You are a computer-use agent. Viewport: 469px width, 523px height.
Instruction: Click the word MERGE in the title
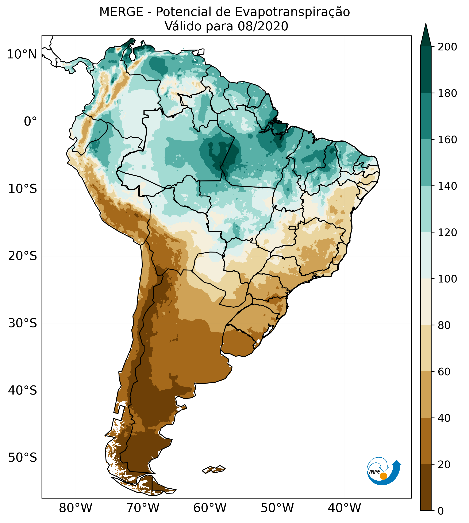click(121, 12)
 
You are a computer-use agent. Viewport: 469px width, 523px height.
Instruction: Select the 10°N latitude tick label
click(22, 55)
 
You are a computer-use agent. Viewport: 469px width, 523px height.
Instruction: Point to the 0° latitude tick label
click(30, 122)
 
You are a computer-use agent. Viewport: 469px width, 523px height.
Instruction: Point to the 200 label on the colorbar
click(447, 47)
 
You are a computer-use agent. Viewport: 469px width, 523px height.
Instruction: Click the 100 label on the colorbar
click(447, 279)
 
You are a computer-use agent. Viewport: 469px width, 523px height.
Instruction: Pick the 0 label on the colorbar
click(441, 511)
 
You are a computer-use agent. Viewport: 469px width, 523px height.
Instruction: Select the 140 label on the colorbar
click(447, 186)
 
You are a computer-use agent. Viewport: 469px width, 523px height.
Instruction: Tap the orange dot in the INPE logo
click(383, 476)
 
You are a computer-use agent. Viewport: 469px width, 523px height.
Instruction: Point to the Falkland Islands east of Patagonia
click(214, 469)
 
